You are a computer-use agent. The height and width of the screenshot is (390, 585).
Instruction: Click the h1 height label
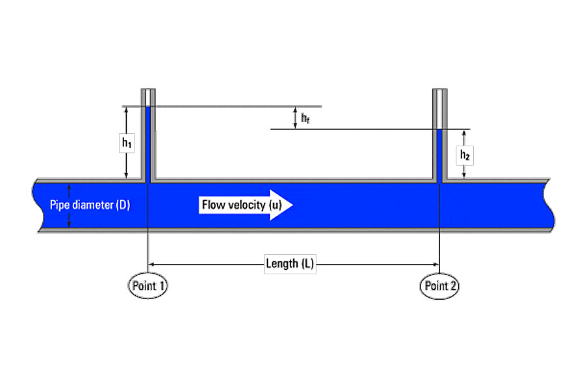127,142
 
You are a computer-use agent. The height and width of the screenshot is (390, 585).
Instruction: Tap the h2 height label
465,155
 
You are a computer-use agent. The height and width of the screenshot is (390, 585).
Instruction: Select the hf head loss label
305,118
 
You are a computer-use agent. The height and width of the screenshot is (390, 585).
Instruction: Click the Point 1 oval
148,286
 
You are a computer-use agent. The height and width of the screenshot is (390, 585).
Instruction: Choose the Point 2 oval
439,286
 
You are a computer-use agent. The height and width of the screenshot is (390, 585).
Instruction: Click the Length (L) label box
290,264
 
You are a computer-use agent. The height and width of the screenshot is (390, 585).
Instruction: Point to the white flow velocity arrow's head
281,205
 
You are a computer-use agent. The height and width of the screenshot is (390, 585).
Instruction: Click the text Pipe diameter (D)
90,205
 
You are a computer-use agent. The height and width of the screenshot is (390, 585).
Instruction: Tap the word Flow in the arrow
213,205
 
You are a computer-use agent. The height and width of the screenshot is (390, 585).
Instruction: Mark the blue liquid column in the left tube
148,144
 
